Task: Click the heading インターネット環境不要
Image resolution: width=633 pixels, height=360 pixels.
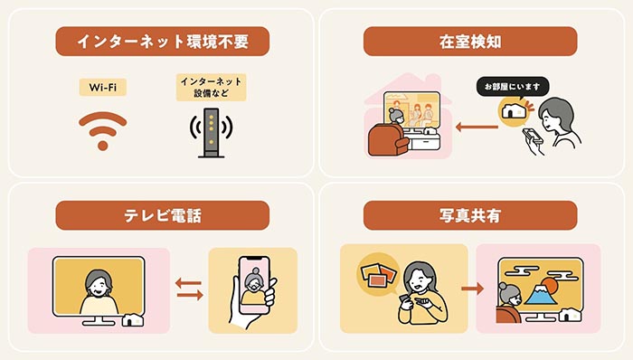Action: [162, 42]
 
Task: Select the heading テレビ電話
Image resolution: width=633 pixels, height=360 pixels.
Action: [162, 215]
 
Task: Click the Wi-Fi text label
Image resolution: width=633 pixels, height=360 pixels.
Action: [102, 88]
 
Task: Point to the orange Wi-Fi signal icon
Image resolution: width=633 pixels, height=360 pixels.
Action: [102, 130]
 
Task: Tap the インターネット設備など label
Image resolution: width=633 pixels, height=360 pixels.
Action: [212, 88]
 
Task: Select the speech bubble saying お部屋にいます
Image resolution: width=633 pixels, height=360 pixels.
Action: [513, 87]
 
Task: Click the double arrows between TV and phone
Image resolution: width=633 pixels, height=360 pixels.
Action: [188, 290]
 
